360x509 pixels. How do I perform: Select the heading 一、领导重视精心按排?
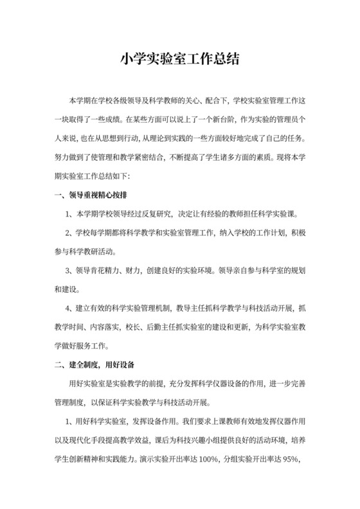pyautogui.click(x=94, y=195)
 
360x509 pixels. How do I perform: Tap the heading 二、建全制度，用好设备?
pyautogui.click(x=94, y=365)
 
